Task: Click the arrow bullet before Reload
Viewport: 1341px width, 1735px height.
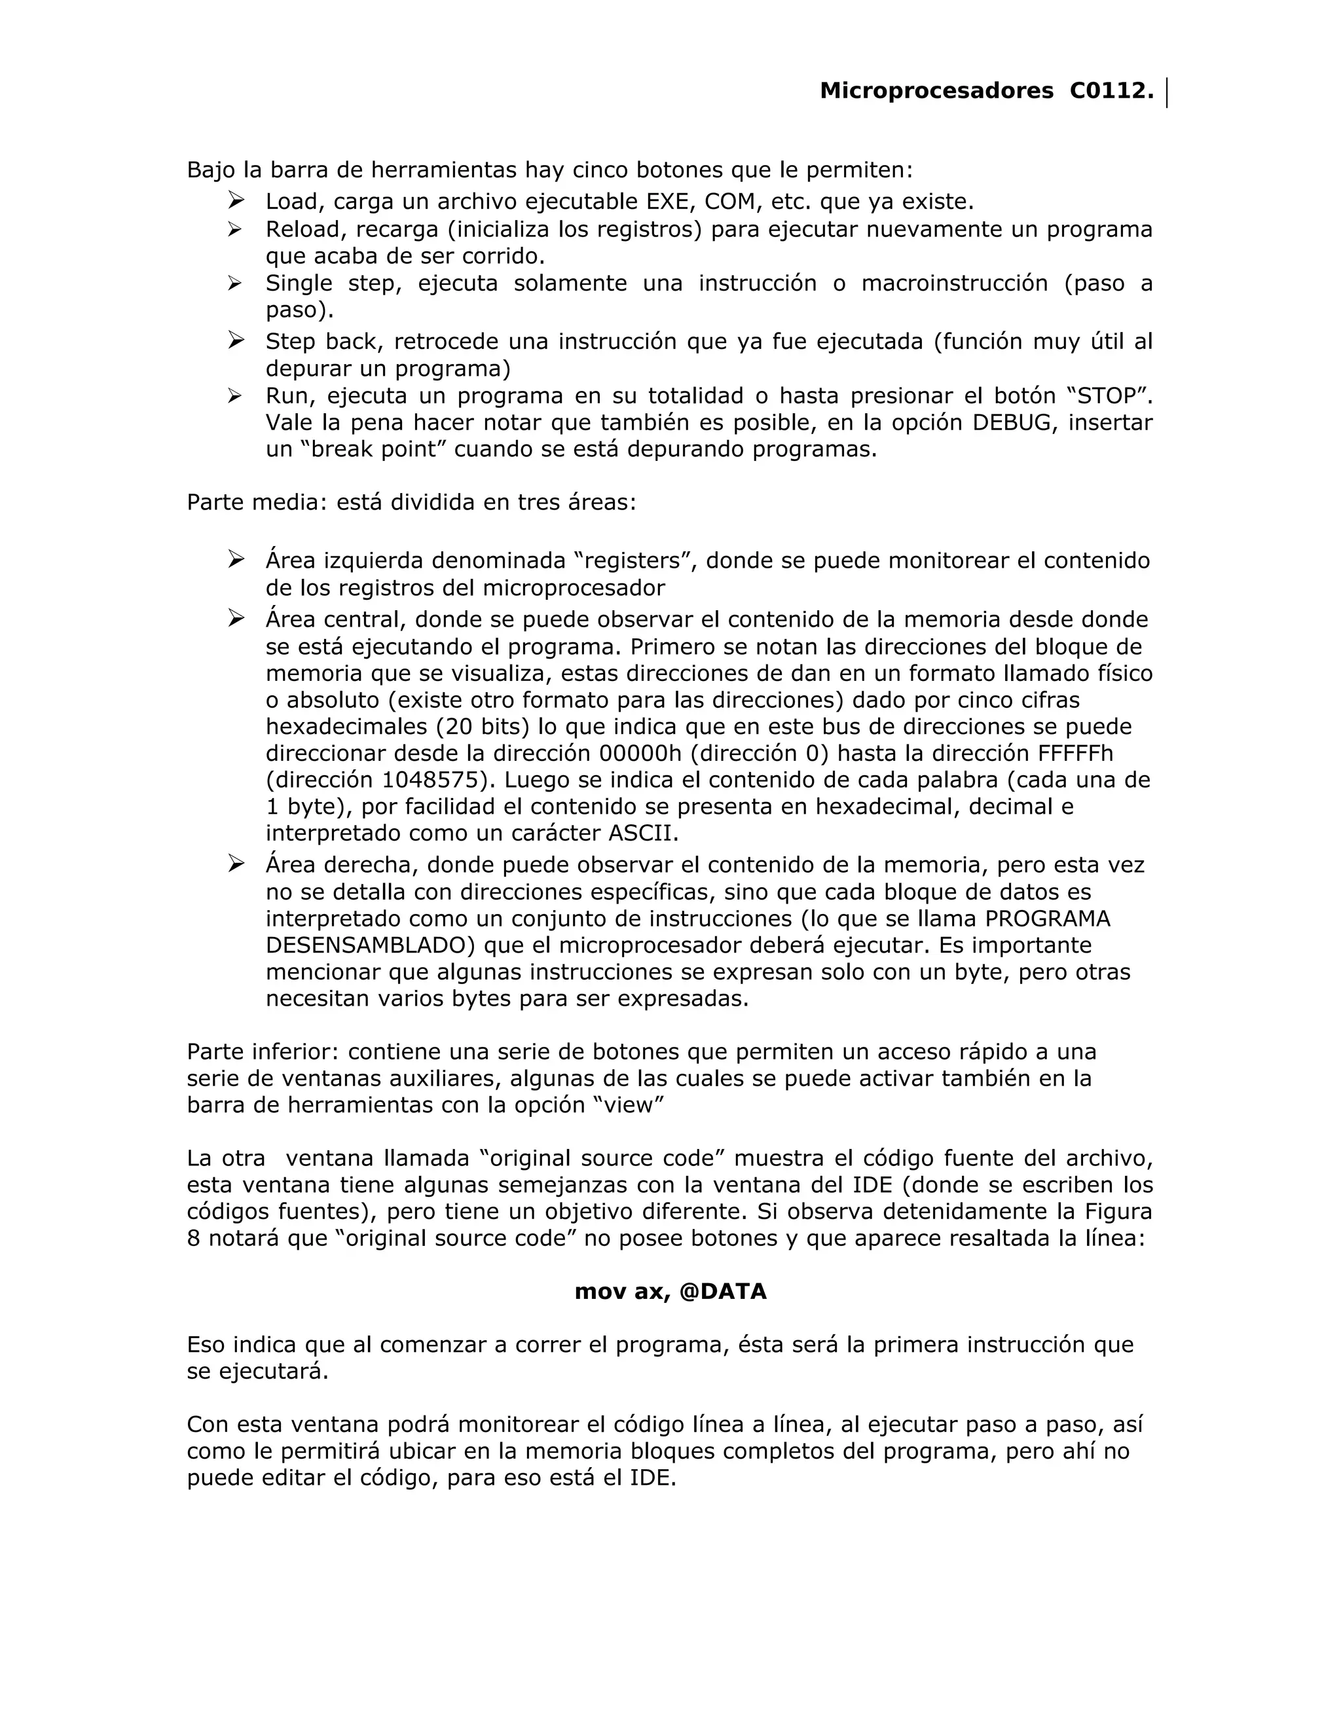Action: (x=235, y=230)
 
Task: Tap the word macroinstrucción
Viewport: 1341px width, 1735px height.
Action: (x=954, y=283)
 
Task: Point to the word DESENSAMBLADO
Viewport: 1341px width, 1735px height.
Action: (x=370, y=945)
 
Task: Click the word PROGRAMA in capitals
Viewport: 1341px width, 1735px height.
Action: (x=1047, y=919)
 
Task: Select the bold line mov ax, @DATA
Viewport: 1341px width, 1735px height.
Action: (x=670, y=1292)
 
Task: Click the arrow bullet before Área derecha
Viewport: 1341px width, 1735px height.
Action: (x=235, y=864)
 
